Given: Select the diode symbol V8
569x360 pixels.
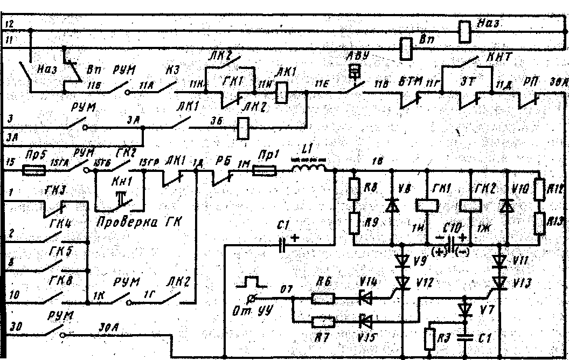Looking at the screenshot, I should click(392, 205).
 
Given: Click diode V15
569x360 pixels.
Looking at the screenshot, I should click(366, 320).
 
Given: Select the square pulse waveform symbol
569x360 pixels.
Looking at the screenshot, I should click(252, 281).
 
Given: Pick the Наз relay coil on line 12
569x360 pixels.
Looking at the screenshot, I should click(465, 31).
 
